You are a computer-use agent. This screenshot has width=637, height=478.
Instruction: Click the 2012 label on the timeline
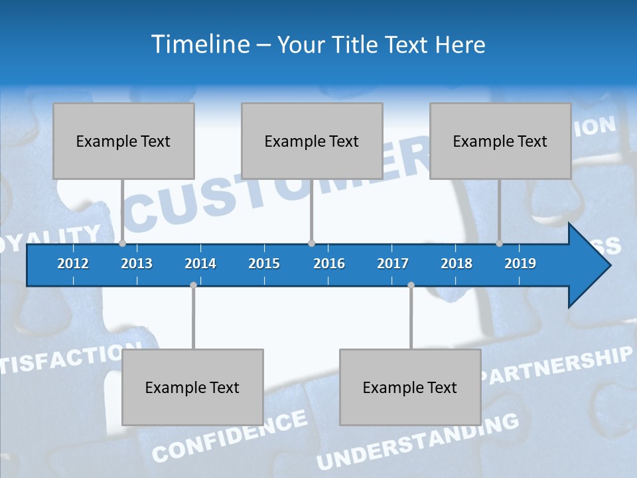[x=73, y=264]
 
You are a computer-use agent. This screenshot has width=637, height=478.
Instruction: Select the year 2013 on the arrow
[x=137, y=264]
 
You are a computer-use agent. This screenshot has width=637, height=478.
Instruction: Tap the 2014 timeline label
[x=200, y=264]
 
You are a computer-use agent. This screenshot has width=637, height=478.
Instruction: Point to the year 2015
[x=264, y=264]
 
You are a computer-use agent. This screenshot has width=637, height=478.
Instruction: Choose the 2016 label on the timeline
[x=329, y=264]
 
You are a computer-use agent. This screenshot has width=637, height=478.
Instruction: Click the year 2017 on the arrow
[x=393, y=264]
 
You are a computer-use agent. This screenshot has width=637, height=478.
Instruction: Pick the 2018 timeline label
[x=457, y=264]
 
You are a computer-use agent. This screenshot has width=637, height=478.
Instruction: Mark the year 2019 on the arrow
[x=520, y=264]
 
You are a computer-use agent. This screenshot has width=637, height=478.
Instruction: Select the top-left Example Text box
[x=123, y=141]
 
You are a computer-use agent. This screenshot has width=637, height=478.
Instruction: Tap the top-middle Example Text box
[x=312, y=141]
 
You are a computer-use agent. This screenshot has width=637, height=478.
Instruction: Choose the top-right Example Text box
[x=500, y=141]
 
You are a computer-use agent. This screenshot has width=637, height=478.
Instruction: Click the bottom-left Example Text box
[x=192, y=387]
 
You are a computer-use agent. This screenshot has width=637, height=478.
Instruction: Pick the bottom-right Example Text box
[x=410, y=387]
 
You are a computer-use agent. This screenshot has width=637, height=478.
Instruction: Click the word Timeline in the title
[x=199, y=44]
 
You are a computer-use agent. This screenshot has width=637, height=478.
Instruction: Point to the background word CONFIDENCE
[x=230, y=436]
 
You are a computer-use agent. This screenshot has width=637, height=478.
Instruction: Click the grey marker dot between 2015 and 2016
[x=311, y=244]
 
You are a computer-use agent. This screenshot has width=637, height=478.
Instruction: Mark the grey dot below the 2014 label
[x=193, y=285]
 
